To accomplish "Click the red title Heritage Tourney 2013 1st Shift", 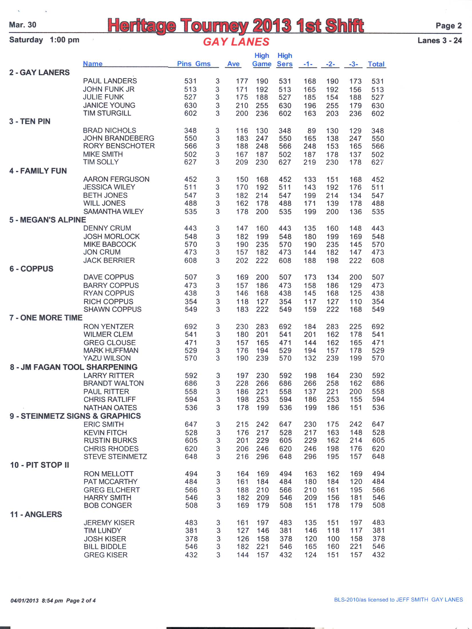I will [x=235, y=25].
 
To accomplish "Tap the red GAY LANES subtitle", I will [x=236, y=42].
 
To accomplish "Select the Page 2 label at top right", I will [x=448, y=26].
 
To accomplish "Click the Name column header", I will [x=93, y=64].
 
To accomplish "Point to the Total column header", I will [x=376, y=64].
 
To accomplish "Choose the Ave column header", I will [x=233, y=64].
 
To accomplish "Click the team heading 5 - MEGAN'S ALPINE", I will [x=47, y=220].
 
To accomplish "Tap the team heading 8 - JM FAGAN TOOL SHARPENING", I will [x=74, y=367].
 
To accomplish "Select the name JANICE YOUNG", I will [x=109, y=106].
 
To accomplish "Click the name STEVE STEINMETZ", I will [x=115, y=457].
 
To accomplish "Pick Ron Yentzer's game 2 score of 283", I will [x=332, y=327].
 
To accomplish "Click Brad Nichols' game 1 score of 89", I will [x=312, y=131].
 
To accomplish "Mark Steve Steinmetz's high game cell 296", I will [x=262, y=457].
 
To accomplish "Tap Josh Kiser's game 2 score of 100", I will [x=333, y=539].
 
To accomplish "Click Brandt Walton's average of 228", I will [x=242, y=383].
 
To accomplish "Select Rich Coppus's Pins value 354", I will [x=191, y=302].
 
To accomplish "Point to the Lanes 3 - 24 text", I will [x=439, y=41].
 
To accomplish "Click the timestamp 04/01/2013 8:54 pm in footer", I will [x=37, y=601].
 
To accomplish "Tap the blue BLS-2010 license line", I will [x=398, y=600].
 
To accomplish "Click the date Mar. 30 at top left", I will [x=23, y=25].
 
